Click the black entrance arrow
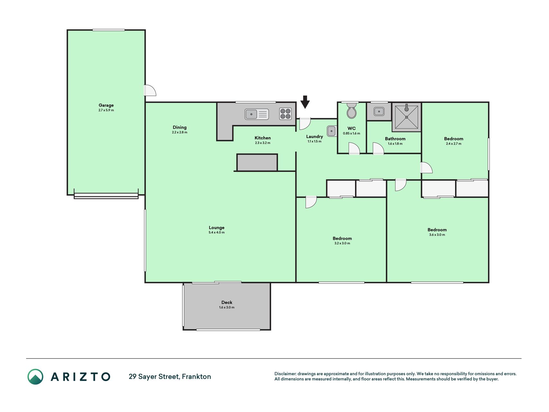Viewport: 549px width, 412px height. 305,102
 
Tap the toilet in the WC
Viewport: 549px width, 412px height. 352,110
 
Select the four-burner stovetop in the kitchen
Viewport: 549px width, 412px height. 285,114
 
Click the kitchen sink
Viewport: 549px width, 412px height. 257,114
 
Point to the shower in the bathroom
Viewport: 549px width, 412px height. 407,117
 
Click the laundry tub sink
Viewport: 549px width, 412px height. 332,131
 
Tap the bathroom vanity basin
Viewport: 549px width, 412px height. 379,111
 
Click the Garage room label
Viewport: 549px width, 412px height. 106,105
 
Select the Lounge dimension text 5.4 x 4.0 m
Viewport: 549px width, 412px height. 216,232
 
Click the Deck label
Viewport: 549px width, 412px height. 227,303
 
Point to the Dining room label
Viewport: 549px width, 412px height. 179,127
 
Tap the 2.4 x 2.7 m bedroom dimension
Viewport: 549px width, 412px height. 453,144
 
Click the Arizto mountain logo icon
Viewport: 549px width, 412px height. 35,377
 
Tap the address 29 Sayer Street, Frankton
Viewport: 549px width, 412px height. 170,377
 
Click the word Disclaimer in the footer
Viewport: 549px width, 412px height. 285,374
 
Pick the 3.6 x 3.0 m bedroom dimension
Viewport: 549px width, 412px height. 437,235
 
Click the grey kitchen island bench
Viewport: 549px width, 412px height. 257,163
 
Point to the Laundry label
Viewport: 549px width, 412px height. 315,136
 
